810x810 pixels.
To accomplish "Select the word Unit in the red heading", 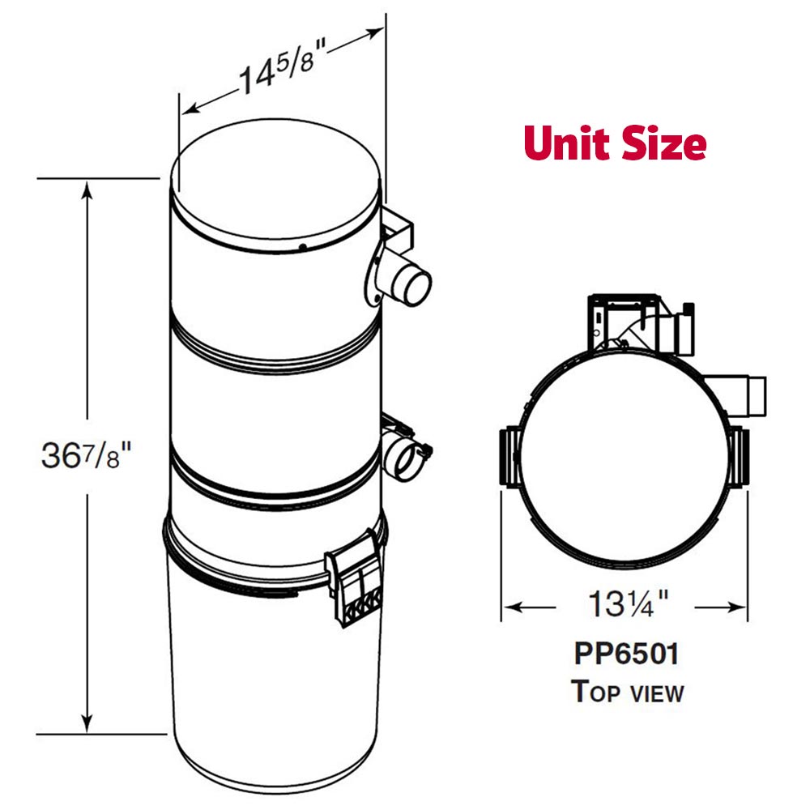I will pyautogui.click(x=570, y=143).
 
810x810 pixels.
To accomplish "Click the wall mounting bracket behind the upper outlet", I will pyautogui.click(x=399, y=228).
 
